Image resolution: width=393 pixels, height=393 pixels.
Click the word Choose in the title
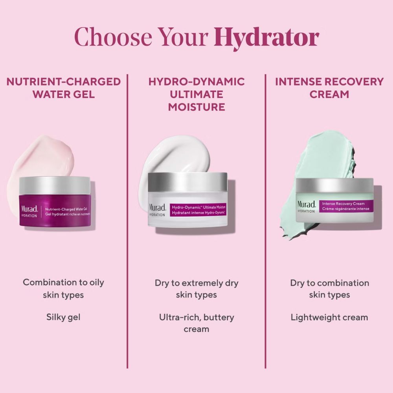click(113, 37)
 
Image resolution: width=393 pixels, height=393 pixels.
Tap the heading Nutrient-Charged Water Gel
click(64, 88)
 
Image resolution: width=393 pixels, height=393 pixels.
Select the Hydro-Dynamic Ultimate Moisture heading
click(196, 94)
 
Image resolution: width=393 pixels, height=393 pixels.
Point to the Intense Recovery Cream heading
click(329, 88)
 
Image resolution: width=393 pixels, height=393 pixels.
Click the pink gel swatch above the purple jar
click(40, 160)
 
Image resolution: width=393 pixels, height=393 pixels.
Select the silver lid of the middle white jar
click(187, 182)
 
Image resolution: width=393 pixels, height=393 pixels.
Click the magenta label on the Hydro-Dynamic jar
click(198, 210)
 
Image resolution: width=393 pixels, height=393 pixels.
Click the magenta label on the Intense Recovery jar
click(346, 206)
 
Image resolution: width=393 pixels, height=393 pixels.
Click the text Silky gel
click(63, 317)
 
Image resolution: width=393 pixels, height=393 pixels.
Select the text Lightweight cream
click(329, 317)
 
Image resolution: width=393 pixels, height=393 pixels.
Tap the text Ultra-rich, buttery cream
click(196, 323)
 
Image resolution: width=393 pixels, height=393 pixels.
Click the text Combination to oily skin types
click(63, 288)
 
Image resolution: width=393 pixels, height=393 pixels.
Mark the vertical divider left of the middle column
click(127, 221)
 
